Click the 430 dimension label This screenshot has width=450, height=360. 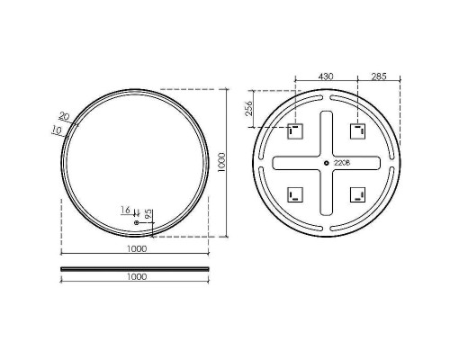(x=326, y=76)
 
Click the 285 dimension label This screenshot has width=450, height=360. (x=379, y=76)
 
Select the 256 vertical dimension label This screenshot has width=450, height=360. (x=249, y=109)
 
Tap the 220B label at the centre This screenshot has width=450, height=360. (x=342, y=163)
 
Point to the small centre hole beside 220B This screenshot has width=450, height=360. (x=327, y=163)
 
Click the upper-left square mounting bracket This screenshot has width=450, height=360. (x=295, y=131)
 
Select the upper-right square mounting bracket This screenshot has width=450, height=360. (x=358, y=131)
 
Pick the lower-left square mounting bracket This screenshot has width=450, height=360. (x=295, y=195)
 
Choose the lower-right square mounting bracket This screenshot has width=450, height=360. (x=358, y=195)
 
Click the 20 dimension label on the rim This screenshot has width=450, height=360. (x=64, y=115)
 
